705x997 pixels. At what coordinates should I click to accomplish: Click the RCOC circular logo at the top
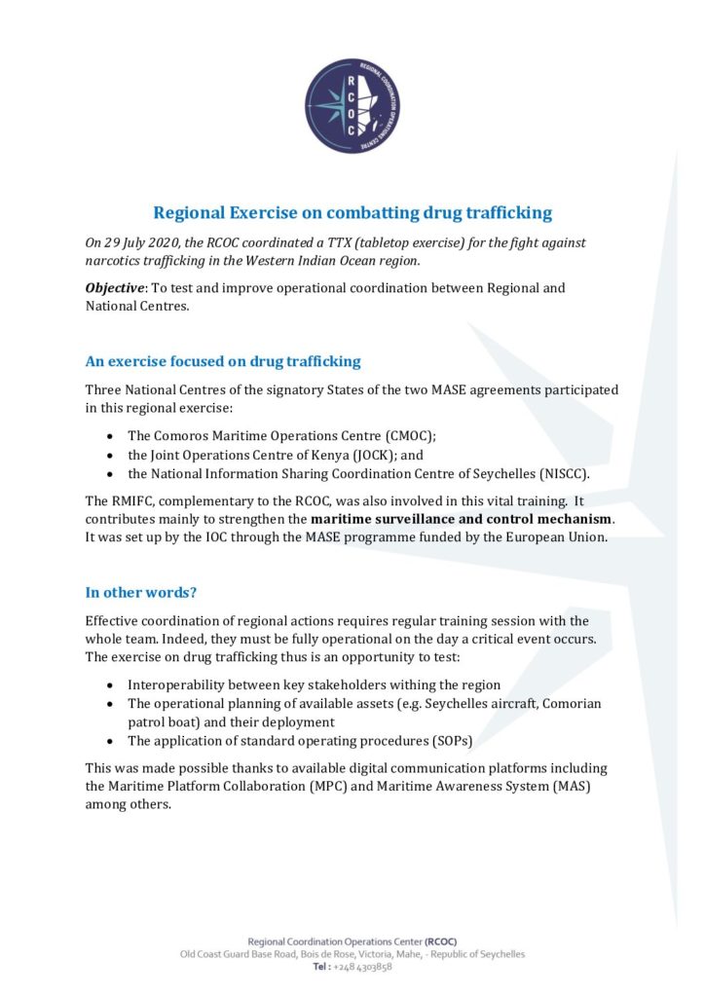coord(352,105)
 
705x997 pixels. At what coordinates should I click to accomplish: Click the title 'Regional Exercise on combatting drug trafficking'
coord(352,212)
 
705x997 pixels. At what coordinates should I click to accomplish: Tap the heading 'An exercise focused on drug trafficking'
coord(223,361)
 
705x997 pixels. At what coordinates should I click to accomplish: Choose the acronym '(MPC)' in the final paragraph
coord(339,786)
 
